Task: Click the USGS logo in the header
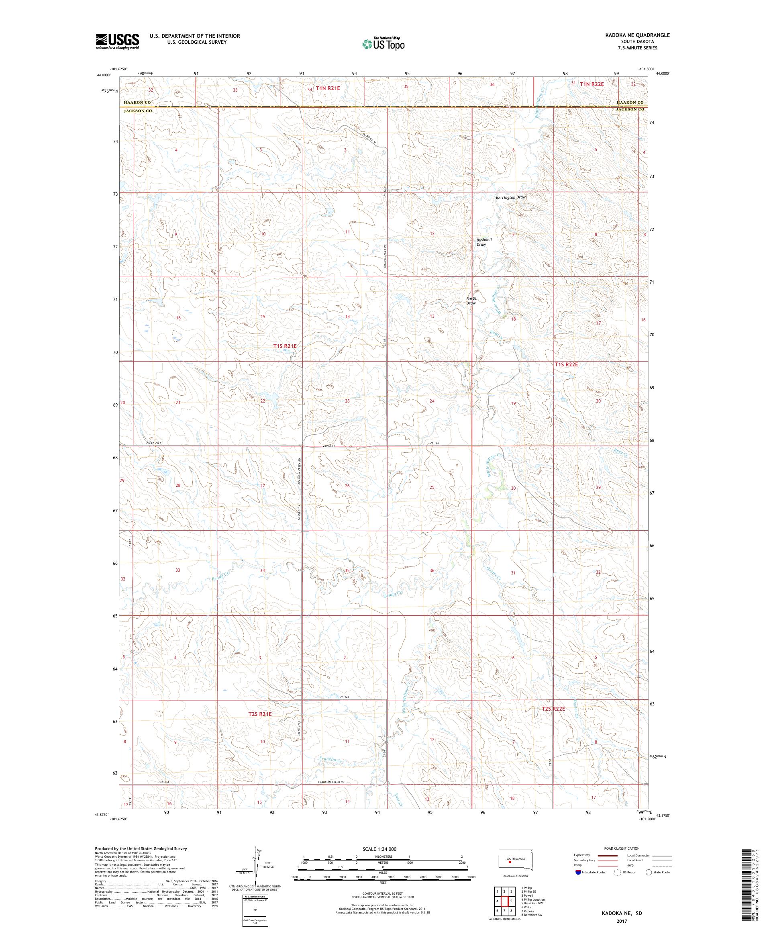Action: tap(118, 41)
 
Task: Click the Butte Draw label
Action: tap(471, 300)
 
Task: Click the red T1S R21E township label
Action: tap(284, 345)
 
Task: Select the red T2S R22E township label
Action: tap(553, 721)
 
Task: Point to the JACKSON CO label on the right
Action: tap(630, 109)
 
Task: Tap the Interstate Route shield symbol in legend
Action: tap(577, 872)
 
